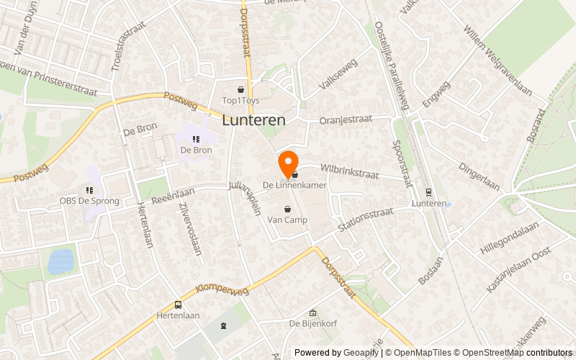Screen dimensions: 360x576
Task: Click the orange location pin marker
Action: pos(288,163)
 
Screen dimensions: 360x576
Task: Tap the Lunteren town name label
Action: pos(253,121)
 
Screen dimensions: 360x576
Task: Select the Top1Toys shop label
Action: pos(240,101)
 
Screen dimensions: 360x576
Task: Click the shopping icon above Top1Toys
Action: pos(240,89)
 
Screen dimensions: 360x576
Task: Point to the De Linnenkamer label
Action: pos(294,186)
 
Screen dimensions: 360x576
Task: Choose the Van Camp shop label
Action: pos(287,220)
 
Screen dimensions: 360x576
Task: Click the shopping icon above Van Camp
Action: pos(287,209)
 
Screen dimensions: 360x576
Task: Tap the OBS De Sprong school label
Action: pos(89,201)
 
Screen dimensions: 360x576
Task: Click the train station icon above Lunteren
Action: pos(429,192)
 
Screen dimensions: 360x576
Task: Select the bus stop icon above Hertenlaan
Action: pos(177,305)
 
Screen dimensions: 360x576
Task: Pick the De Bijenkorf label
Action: pos(312,324)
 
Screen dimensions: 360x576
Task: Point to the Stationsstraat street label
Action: pos(365,219)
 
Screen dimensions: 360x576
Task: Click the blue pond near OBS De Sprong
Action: pos(61,261)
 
